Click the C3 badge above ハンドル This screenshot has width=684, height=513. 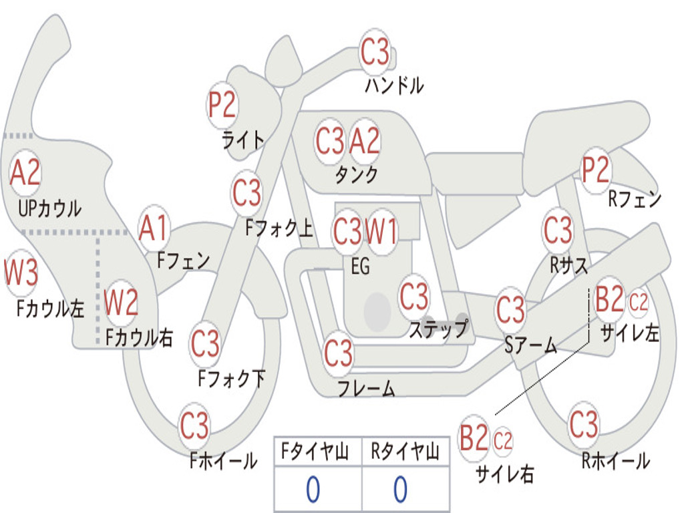pyautogui.click(x=375, y=52)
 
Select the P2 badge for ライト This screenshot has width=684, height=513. pyautogui.click(x=222, y=105)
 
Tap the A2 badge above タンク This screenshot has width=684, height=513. pyautogui.click(x=365, y=141)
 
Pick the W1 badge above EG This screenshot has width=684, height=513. pyautogui.click(x=381, y=232)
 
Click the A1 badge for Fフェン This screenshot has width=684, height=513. pyautogui.click(x=154, y=228)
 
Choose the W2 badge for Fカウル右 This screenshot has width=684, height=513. pyautogui.click(x=122, y=303)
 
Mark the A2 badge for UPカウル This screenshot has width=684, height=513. pyautogui.click(x=25, y=172)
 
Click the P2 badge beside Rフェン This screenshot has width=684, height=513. pyautogui.click(x=596, y=170)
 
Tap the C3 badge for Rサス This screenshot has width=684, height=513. pyautogui.click(x=558, y=230)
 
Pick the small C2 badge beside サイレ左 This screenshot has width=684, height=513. pyautogui.click(x=639, y=303)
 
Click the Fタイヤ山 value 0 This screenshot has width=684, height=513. pyautogui.click(x=313, y=490)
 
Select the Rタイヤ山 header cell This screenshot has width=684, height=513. pyautogui.click(x=405, y=452)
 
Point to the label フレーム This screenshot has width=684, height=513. pyautogui.click(x=366, y=388)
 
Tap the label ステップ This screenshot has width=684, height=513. pyautogui.click(x=439, y=329)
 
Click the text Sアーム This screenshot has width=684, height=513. pyautogui.click(x=530, y=345)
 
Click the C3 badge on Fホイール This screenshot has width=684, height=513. pyautogui.click(x=195, y=425)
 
